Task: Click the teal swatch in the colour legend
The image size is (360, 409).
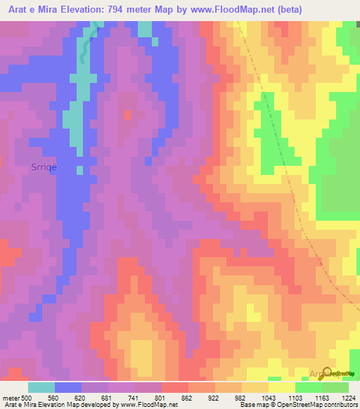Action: tap(41, 387)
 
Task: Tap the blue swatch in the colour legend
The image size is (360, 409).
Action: tap(68, 387)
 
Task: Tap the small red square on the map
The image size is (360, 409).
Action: tap(127, 114)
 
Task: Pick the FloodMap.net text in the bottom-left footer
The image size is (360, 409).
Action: tap(154, 405)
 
